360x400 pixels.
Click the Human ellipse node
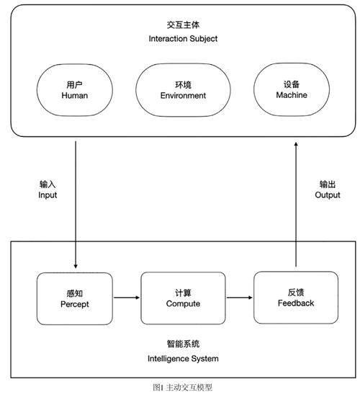pos(75,90)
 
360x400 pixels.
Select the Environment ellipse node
pos(183,90)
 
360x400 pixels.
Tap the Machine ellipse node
pos(292,89)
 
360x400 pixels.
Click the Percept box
pos(75,298)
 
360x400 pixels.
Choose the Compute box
pos(183,298)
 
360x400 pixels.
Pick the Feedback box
pos(296,298)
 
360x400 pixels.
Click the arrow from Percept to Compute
pos(127,298)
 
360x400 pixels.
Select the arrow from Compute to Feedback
pos(240,298)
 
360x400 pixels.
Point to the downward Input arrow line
pos(76,205)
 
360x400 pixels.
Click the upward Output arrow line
pos(296,205)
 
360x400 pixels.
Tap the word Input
pos(48,195)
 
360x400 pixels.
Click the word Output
pos(328,195)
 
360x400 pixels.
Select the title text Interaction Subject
pos(183,39)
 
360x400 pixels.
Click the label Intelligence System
pos(183,359)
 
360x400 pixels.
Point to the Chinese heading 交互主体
pos(183,25)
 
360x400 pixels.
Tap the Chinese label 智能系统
pos(183,344)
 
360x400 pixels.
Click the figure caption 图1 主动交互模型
pos(183,388)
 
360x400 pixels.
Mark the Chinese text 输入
pos(48,185)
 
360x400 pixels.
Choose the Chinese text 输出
pos(328,185)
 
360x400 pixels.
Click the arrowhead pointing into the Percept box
pos(76,266)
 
